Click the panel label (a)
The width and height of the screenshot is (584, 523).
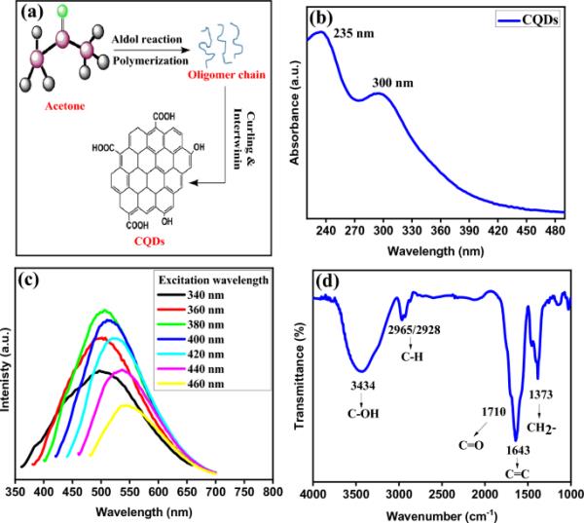pos(26,16)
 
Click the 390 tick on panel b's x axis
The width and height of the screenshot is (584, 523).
pos(469,231)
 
